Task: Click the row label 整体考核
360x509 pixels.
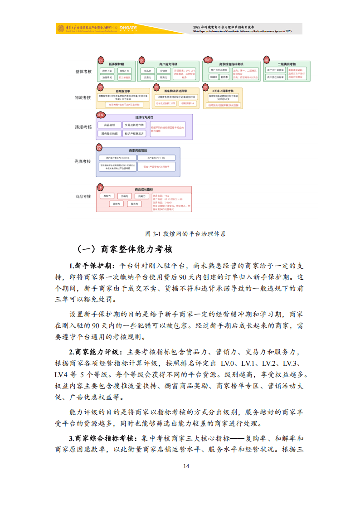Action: click(83, 72)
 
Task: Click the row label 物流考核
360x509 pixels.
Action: click(83, 97)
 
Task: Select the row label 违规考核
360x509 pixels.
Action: click(83, 127)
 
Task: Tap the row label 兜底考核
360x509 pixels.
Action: click(83, 161)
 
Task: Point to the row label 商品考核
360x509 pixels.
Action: click(83, 196)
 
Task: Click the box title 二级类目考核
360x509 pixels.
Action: click(287, 64)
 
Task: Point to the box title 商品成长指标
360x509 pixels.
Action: click(144, 189)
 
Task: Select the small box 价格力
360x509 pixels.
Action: click(124, 196)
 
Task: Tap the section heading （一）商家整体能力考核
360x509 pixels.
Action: click(124, 249)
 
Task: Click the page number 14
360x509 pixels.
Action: click(186, 466)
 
